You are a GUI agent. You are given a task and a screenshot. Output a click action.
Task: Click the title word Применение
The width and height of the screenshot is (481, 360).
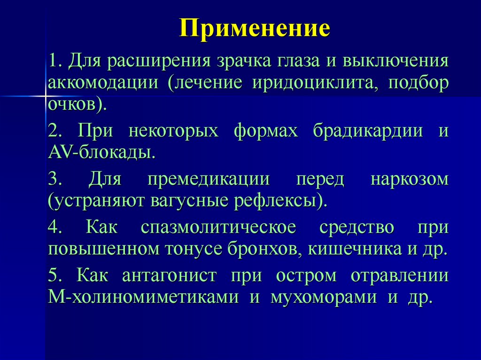(255, 29)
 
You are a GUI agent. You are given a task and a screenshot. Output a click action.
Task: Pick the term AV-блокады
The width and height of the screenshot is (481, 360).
(101, 152)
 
